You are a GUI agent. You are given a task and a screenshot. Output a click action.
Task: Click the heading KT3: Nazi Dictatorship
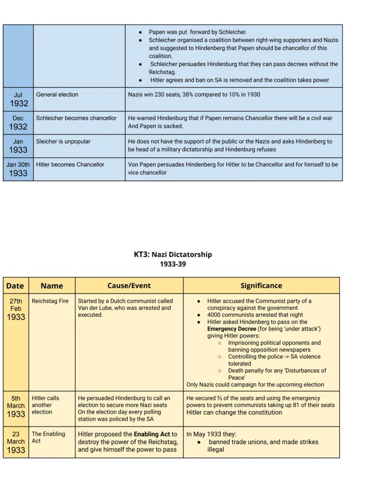click(173, 254)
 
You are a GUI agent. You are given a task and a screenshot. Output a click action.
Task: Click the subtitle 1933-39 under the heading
click(173, 264)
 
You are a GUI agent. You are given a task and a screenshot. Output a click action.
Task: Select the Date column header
click(15, 286)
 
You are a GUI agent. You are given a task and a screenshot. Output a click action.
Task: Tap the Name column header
click(52, 286)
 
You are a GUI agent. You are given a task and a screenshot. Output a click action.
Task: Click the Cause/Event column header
click(129, 286)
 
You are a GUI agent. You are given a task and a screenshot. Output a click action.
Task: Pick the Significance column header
click(261, 286)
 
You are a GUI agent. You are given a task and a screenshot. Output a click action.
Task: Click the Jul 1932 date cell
click(18, 99)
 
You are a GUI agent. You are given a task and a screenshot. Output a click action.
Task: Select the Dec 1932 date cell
click(18, 122)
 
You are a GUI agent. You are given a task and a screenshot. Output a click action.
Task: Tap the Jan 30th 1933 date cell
click(18, 169)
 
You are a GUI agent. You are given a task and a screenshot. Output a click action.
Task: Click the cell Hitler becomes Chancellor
click(70, 164)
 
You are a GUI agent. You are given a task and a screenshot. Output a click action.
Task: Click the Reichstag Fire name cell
click(50, 301)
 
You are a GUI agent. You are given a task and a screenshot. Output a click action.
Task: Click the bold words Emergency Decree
click(231, 329)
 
